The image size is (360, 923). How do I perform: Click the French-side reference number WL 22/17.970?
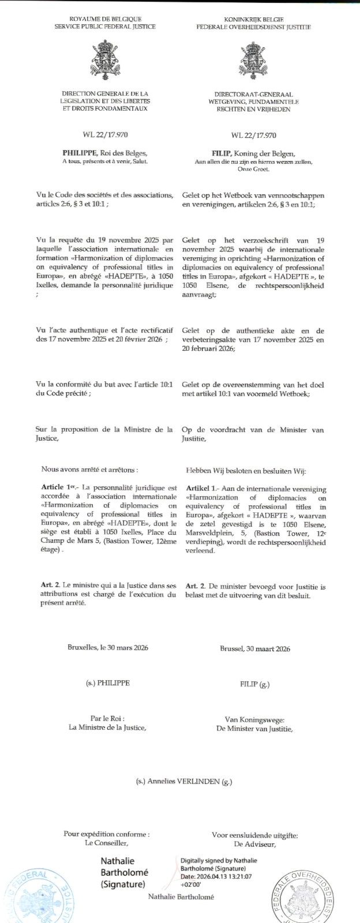click(x=105, y=135)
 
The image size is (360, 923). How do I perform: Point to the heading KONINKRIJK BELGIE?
click(x=253, y=20)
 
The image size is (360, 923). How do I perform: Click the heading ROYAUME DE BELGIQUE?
click(x=105, y=20)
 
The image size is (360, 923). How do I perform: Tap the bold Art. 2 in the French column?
click(x=50, y=586)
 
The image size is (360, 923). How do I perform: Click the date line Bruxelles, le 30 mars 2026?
click(x=108, y=648)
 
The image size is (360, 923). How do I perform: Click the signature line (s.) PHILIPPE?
click(x=108, y=683)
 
